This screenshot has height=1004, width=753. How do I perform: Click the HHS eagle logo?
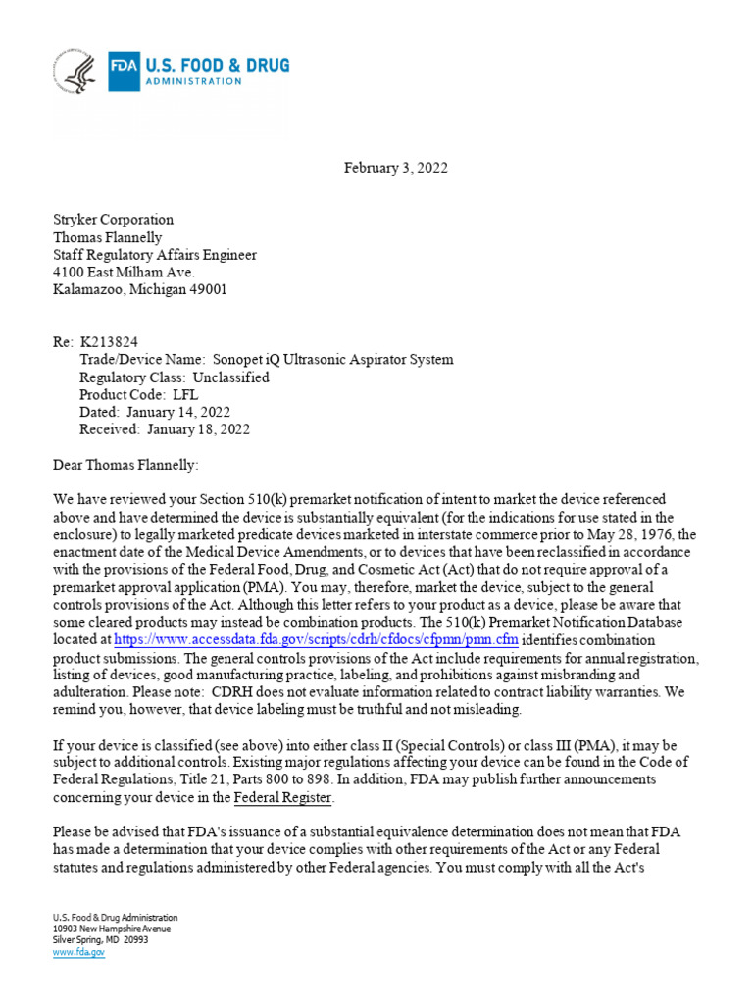coord(75,73)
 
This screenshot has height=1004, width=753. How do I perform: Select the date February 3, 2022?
coord(395,168)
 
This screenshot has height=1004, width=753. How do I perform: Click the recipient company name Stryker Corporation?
coord(113,220)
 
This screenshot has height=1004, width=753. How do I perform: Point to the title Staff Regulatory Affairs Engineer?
coord(154,255)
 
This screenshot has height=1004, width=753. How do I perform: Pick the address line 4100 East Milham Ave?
coord(124,273)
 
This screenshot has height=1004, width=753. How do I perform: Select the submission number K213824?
coord(109,341)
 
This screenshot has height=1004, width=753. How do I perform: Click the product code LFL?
coord(181,394)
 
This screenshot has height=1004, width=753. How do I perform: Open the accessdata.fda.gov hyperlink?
coord(316,639)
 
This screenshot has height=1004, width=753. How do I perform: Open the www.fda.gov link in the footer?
coord(77,951)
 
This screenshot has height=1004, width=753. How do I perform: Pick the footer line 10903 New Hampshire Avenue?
coord(111,929)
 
